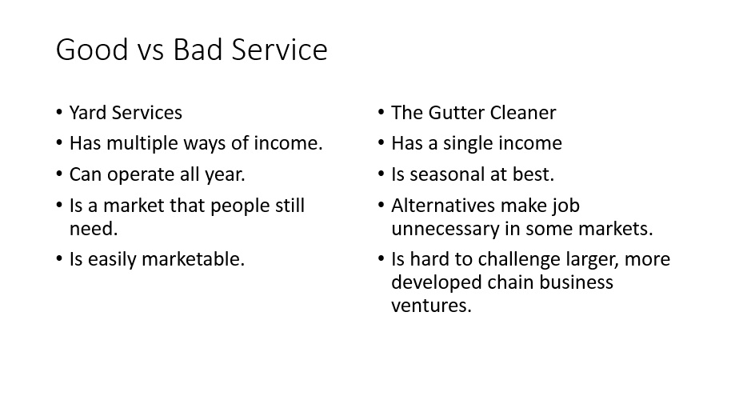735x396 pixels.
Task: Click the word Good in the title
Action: tap(92, 50)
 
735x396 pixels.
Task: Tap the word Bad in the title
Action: tap(198, 50)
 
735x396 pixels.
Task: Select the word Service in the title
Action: tap(279, 50)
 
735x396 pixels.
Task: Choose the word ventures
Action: tap(431, 306)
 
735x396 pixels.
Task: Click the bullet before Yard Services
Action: tap(59, 113)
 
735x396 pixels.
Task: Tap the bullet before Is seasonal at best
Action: tap(381, 174)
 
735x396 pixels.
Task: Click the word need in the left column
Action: tap(94, 229)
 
